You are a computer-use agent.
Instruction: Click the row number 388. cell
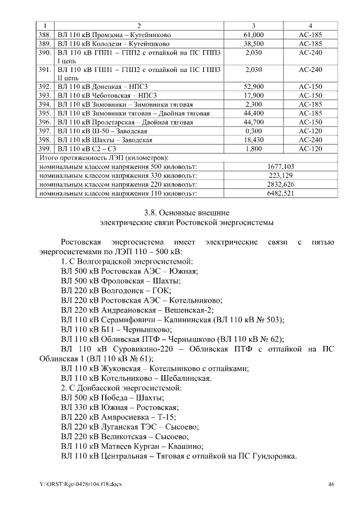(x=45, y=35)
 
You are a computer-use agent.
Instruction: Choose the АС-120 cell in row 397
(x=310, y=130)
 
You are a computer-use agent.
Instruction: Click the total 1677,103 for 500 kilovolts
(x=280, y=167)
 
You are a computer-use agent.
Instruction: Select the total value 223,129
(x=280, y=175)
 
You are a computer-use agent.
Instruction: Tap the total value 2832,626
(x=280, y=184)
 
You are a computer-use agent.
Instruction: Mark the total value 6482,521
(x=280, y=193)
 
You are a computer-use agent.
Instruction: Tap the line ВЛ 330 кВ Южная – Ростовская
(x=119, y=407)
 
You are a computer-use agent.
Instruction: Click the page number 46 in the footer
(x=331, y=484)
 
